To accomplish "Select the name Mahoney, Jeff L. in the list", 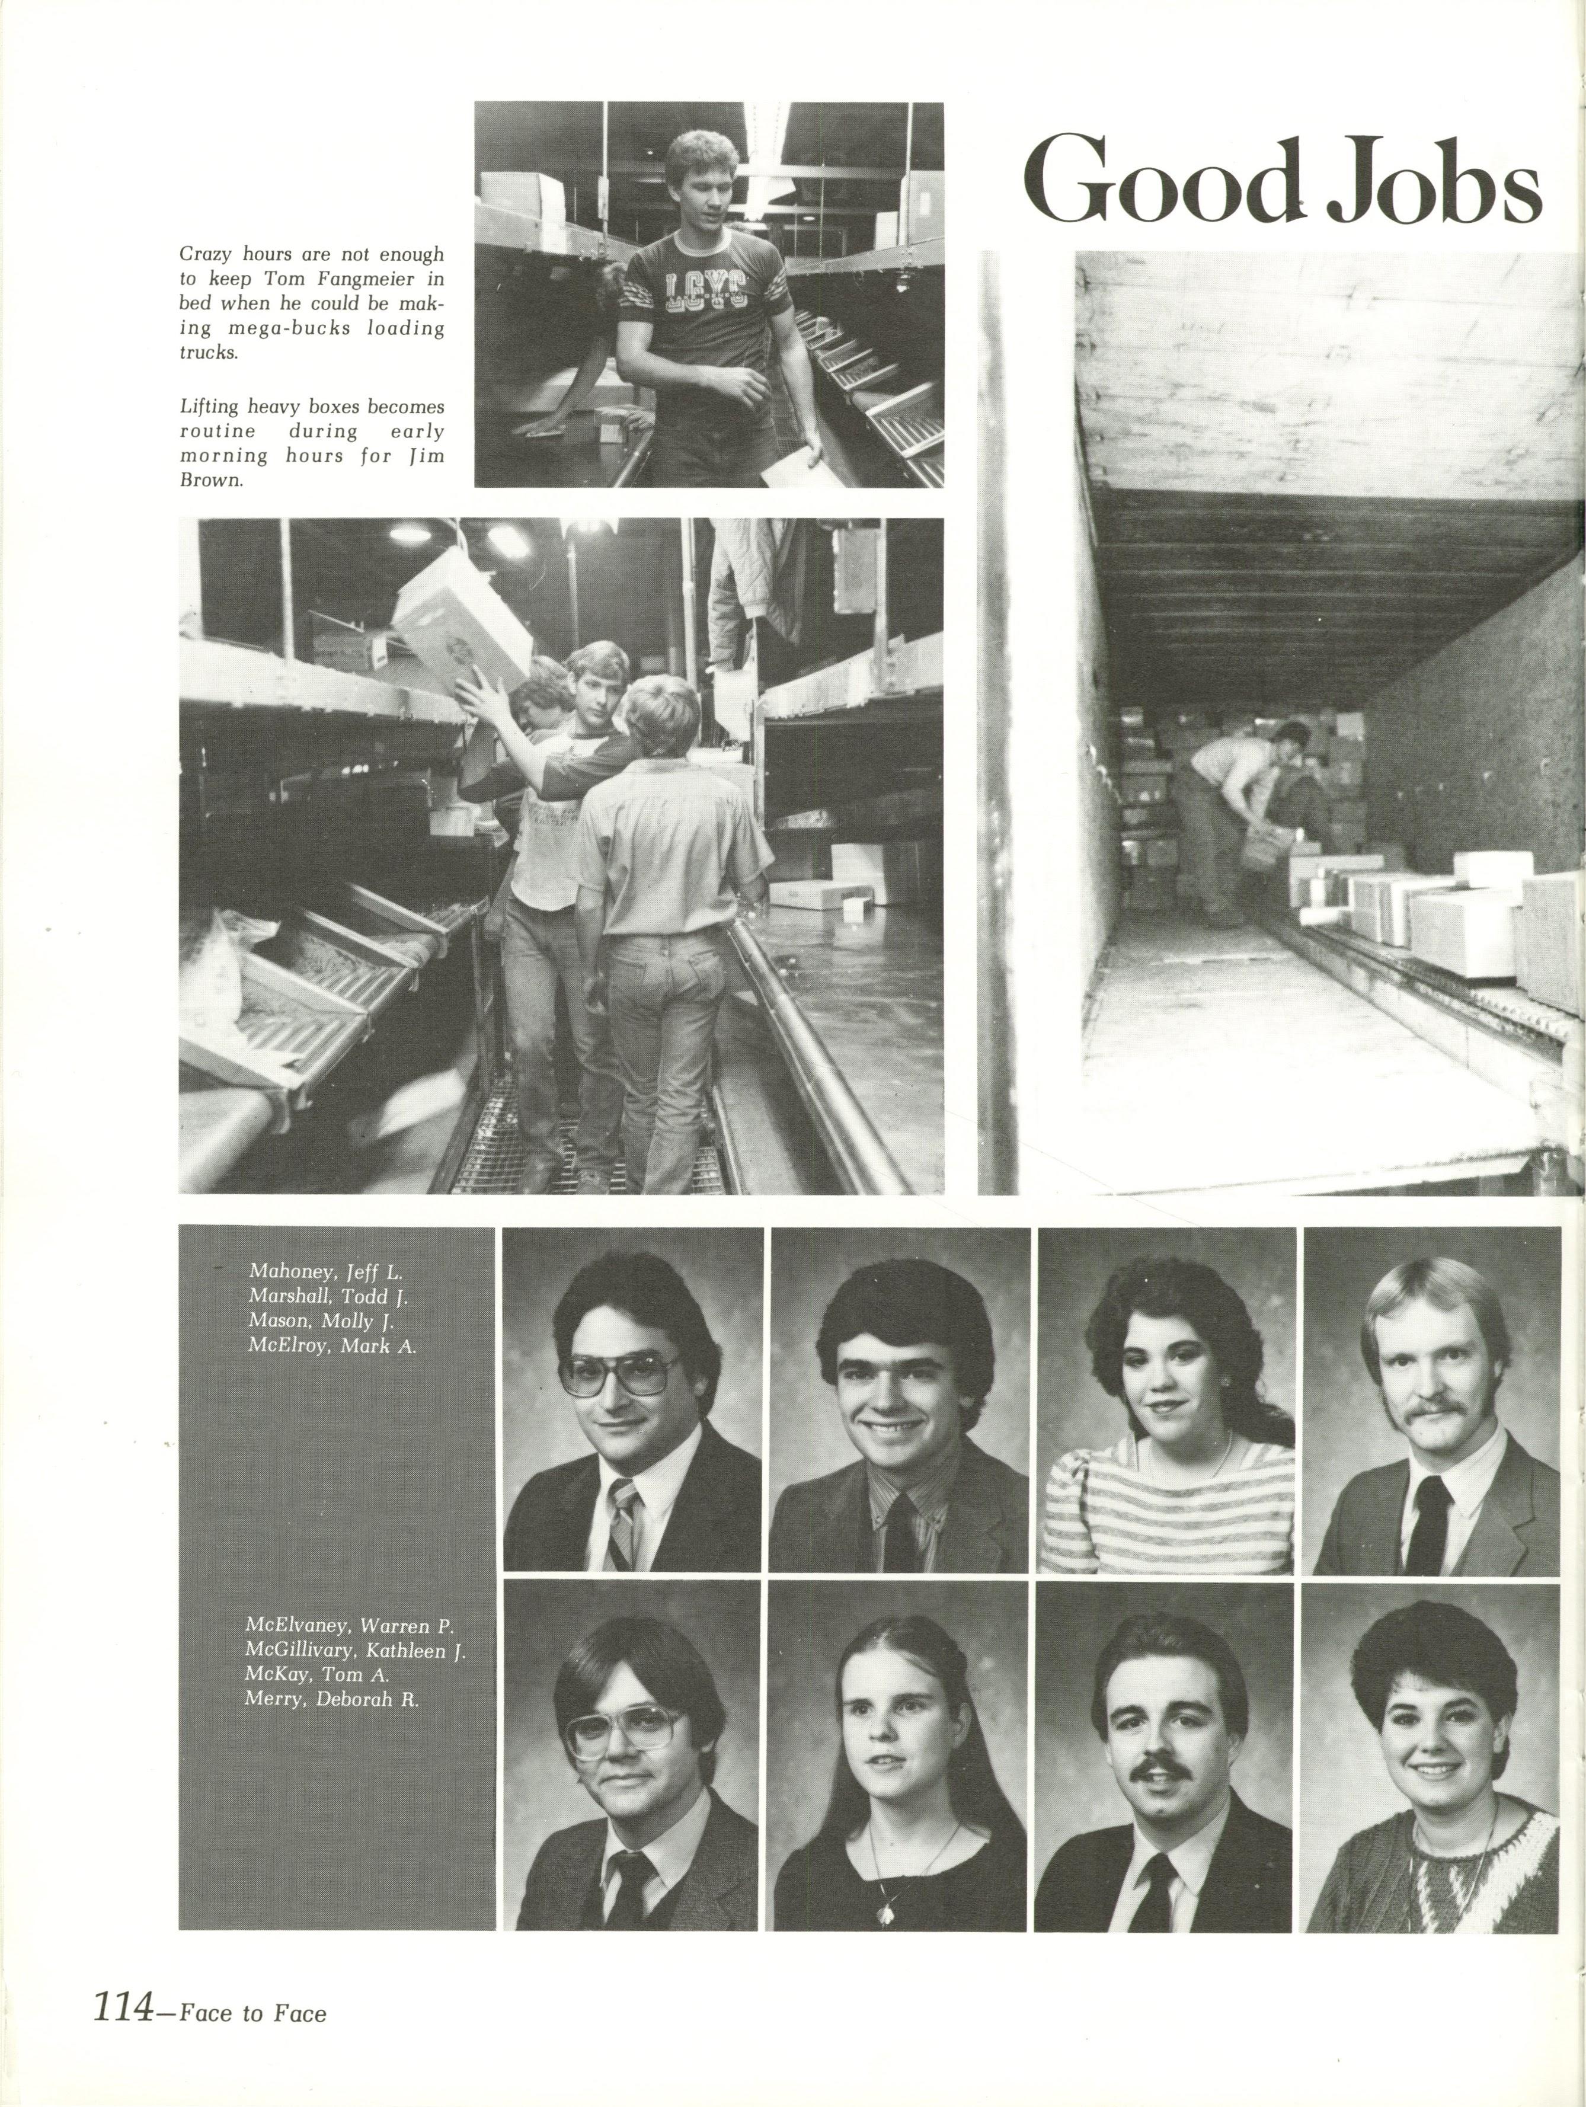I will pyautogui.click(x=328, y=1271).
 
